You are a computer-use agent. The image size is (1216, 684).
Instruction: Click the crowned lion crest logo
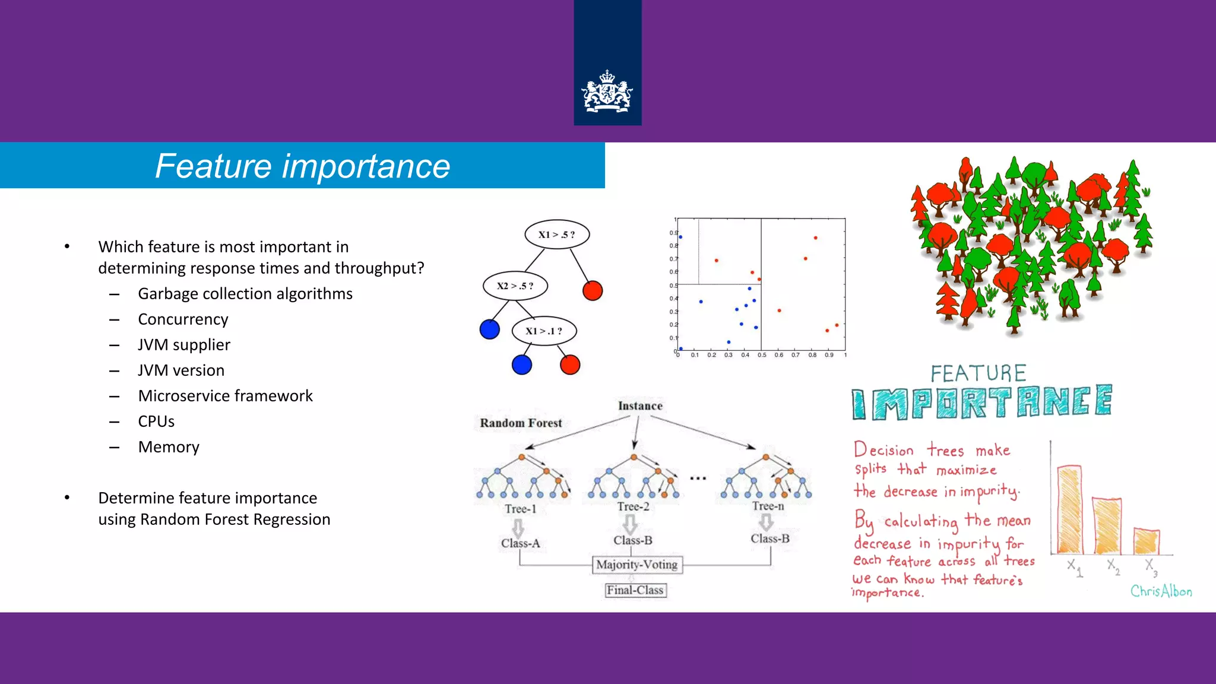click(607, 92)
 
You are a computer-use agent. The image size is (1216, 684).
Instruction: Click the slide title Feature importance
click(302, 166)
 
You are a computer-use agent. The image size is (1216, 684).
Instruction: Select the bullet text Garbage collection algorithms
click(245, 294)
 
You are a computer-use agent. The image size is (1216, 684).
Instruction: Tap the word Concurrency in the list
click(183, 319)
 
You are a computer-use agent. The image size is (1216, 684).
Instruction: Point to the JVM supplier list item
click(184, 345)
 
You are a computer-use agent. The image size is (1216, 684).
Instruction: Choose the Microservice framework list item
click(225, 396)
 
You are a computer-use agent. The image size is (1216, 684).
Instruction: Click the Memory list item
click(169, 447)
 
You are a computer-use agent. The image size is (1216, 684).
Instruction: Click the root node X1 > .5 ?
click(557, 235)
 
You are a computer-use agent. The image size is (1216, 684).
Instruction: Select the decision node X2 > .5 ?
click(515, 286)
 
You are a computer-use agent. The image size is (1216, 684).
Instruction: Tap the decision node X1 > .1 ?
click(544, 331)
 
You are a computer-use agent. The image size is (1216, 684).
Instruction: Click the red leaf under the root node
click(593, 290)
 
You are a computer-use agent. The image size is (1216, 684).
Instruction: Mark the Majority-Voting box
click(637, 565)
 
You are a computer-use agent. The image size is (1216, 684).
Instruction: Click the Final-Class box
click(635, 590)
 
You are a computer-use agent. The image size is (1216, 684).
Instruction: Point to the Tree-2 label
click(633, 506)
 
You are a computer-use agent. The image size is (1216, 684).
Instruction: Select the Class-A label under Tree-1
click(520, 543)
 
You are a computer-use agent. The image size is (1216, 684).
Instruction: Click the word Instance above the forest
click(640, 406)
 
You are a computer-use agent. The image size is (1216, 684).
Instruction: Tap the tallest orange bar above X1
click(1069, 511)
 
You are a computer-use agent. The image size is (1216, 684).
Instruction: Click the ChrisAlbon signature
click(1161, 591)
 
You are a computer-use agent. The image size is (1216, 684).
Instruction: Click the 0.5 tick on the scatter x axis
click(762, 355)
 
